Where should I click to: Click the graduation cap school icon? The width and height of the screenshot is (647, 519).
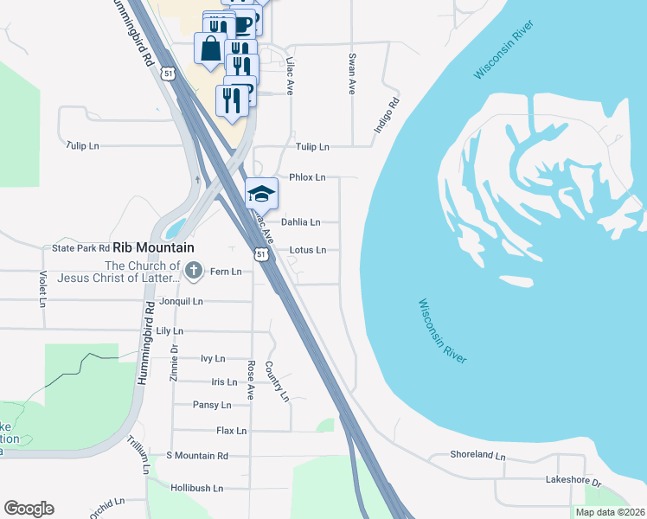point(261,193)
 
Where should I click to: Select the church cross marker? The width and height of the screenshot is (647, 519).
point(194,271)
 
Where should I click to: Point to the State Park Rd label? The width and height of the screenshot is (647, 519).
point(81,248)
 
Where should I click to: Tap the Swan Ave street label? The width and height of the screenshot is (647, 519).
point(352,74)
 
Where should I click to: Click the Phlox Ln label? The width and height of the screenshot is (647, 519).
point(307,177)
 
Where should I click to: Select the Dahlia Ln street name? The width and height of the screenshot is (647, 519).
point(301,222)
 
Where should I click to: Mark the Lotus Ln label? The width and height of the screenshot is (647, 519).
point(308,250)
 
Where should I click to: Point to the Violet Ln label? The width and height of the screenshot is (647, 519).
point(42,288)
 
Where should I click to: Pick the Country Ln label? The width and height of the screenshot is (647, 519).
point(276,381)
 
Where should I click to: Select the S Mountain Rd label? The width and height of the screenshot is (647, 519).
point(197,456)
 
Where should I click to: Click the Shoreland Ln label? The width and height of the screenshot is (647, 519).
point(477,454)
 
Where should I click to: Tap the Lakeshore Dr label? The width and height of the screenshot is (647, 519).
point(573,478)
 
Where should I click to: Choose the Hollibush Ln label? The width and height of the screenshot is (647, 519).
point(197,488)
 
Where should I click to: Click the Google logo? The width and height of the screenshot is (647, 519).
point(29,509)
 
